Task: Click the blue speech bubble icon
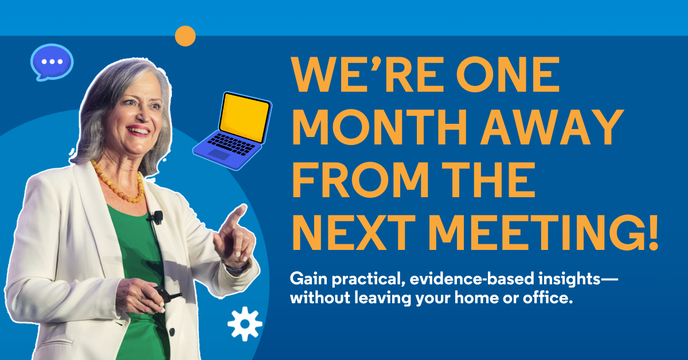click(x=52, y=61)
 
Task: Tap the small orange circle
click(x=185, y=36)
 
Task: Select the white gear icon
click(x=245, y=324)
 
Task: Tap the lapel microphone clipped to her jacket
click(x=157, y=217)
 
